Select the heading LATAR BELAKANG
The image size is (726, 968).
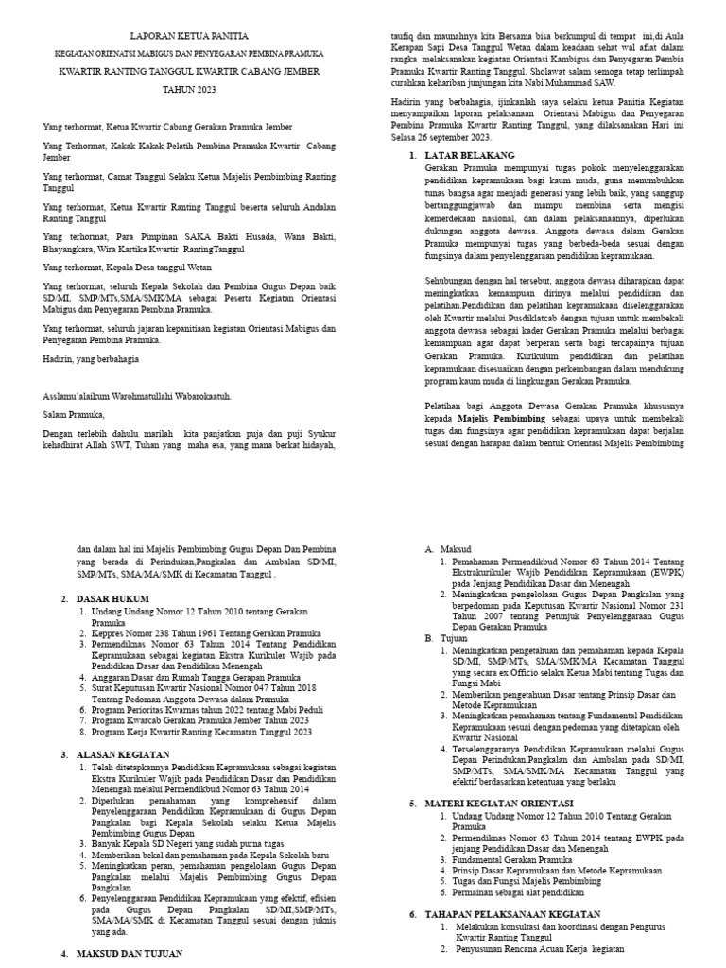470,154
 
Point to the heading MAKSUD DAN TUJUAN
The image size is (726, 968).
130,953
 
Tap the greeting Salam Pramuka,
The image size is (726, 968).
76,413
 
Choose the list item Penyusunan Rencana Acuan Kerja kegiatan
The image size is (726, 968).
540,949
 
